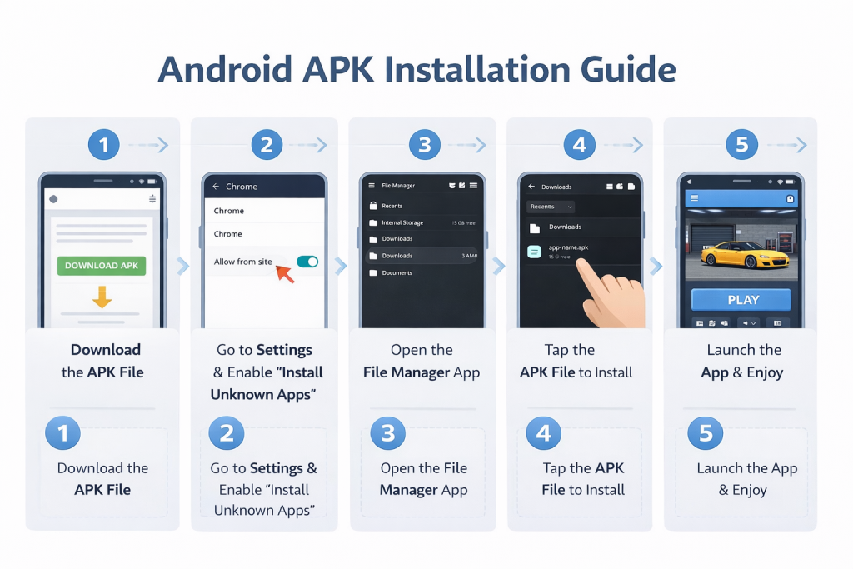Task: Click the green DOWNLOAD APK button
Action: coord(102,266)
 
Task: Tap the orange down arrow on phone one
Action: coord(102,297)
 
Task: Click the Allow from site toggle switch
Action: coord(307,262)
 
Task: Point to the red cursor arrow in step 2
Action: coord(284,272)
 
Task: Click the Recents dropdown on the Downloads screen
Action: coord(551,207)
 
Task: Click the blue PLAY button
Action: coord(742,300)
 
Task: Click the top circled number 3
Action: coord(424,145)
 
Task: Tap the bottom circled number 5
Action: coord(706,433)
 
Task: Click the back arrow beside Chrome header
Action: coord(216,187)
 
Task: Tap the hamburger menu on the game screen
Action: coord(695,199)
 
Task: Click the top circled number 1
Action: coord(104,145)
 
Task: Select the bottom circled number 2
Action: coord(226,433)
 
